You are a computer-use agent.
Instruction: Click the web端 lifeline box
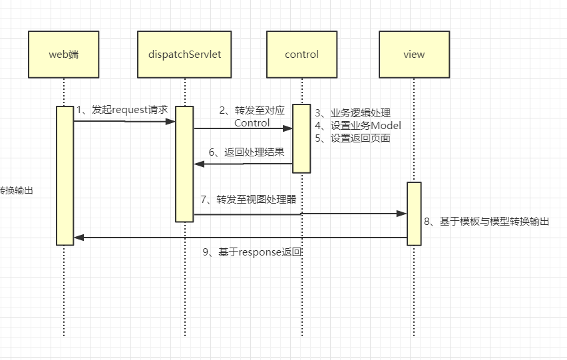(x=64, y=55)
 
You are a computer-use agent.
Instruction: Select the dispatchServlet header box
(x=184, y=55)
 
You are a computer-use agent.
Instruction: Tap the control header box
(x=301, y=55)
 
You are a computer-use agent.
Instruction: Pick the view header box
(x=413, y=55)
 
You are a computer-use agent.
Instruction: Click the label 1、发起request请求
(x=122, y=109)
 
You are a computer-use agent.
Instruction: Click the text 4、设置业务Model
(x=358, y=125)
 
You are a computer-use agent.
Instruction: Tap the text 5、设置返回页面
(x=352, y=138)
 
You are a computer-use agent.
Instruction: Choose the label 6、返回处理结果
(x=246, y=152)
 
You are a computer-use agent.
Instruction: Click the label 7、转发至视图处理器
(x=248, y=199)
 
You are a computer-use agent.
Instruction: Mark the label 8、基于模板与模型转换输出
(x=486, y=222)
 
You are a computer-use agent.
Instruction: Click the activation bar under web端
(x=65, y=176)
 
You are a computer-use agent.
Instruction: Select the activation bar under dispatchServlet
(x=184, y=164)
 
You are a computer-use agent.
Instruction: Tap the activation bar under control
(x=301, y=138)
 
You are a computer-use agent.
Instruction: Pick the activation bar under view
(x=414, y=213)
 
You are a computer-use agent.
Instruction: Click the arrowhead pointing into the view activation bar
(x=402, y=214)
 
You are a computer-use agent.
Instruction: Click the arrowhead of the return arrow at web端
(x=78, y=238)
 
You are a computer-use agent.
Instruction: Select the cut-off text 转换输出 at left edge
(x=16, y=190)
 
